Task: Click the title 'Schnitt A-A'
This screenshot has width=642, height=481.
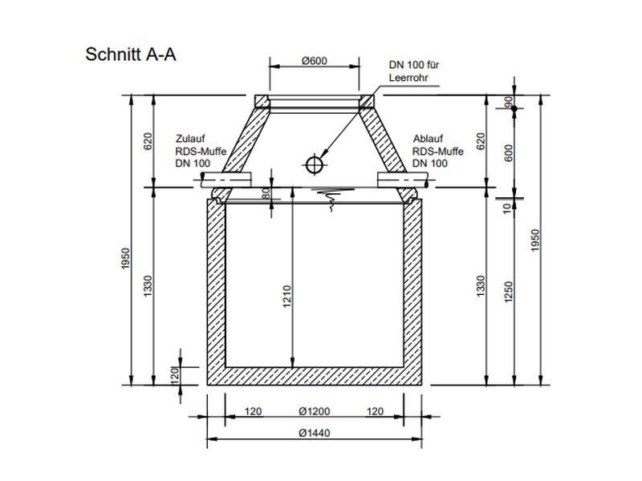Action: click(x=130, y=55)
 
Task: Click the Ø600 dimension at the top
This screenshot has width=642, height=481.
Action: click(x=314, y=62)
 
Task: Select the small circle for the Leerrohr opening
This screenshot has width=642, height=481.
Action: click(x=315, y=164)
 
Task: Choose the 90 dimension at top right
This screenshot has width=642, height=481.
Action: click(x=509, y=102)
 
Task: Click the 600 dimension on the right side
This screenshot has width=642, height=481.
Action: click(x=509, y=152)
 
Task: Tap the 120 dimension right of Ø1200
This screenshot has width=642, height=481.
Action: click(x=374, y=411)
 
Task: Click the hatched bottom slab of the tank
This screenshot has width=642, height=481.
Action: click(x=315, y=377)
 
